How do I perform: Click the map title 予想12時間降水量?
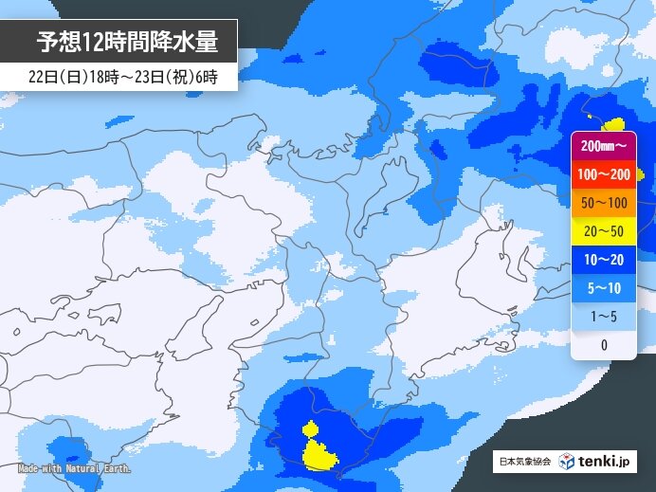tap(127, 42)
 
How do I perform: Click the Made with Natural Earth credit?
tap(74, 469)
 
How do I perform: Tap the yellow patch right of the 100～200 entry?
tap(640, 173)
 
